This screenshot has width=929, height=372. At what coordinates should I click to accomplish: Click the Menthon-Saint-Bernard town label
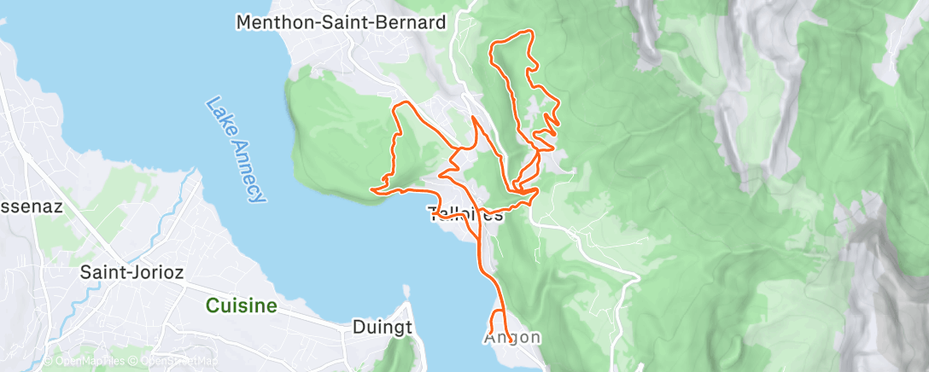pos(342,23)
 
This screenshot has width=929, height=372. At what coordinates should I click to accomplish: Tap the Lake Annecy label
pos(233,150)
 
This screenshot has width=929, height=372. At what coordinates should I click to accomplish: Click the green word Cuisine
pos(243,305)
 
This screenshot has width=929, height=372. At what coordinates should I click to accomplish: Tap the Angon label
pos(512,337)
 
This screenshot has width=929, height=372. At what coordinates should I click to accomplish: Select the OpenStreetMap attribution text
pos(174,361)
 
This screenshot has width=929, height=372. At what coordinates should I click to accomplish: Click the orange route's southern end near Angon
pos(509,340)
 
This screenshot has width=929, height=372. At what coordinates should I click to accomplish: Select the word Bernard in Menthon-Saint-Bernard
pos(414,23)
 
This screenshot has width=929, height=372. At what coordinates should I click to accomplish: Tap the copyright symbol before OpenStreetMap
pos(134,361)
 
